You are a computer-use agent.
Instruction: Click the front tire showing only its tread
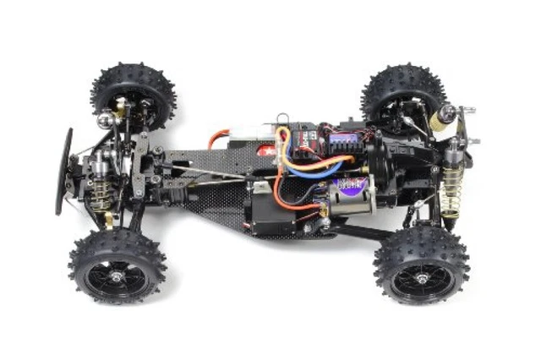(134, 90)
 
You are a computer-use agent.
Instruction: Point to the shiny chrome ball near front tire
(104, 123)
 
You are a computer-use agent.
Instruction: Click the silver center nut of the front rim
(116, 271)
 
